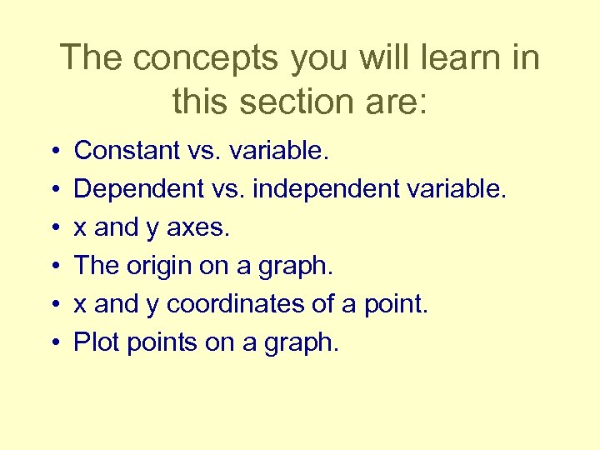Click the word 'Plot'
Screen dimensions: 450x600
[92, 342]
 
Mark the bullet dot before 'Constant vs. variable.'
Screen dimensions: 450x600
[53, 152]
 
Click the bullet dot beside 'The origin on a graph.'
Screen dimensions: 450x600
[53, 267]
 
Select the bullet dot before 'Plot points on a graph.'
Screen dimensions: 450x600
[53, 343]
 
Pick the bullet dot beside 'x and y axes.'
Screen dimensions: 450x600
[53, 228]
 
